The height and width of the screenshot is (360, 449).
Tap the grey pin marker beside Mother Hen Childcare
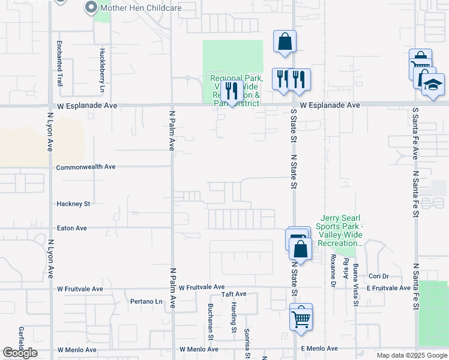(91, 8)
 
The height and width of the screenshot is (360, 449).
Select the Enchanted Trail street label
(59, 64)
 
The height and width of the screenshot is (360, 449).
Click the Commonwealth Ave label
(85, 167)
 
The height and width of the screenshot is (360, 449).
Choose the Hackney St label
(73, 204)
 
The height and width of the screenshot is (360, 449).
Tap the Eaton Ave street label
(71, 228)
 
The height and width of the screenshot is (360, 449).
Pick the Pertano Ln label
(146, 301)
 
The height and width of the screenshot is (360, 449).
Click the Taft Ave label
(234, 294)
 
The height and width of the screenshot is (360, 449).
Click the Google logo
(20, 353)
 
